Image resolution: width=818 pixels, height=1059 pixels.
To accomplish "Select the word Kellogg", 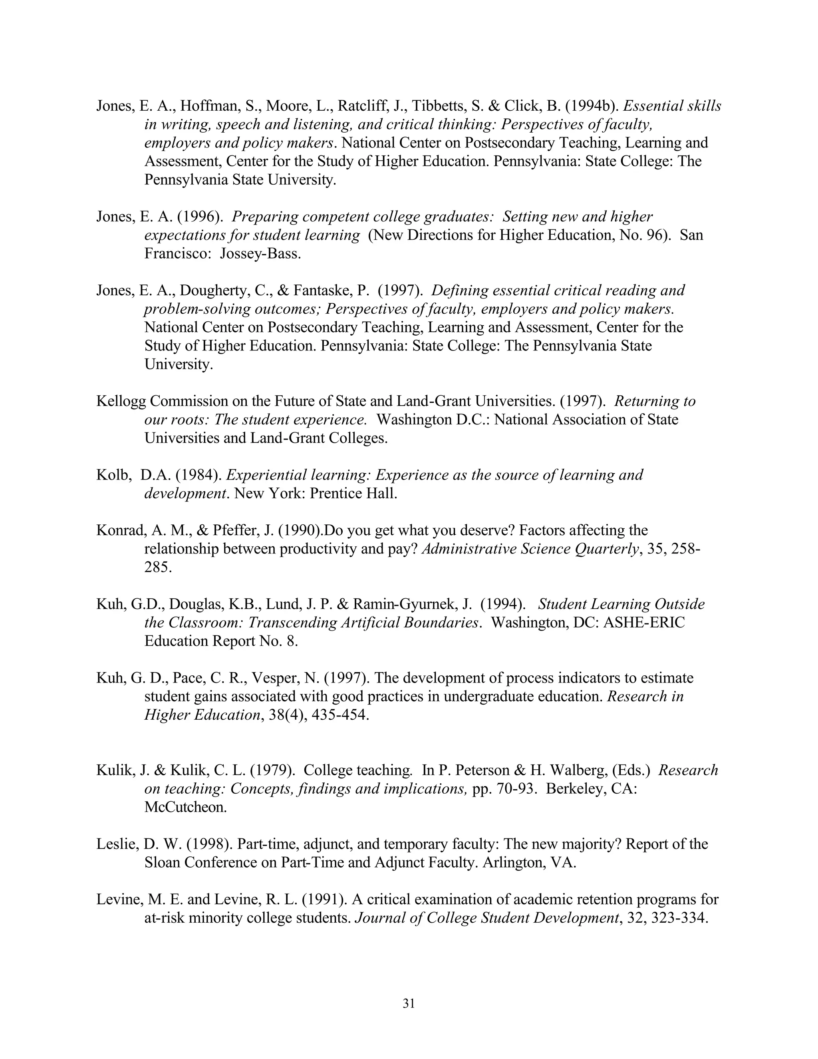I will [121, 401].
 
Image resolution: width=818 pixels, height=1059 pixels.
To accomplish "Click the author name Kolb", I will [112, 475].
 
